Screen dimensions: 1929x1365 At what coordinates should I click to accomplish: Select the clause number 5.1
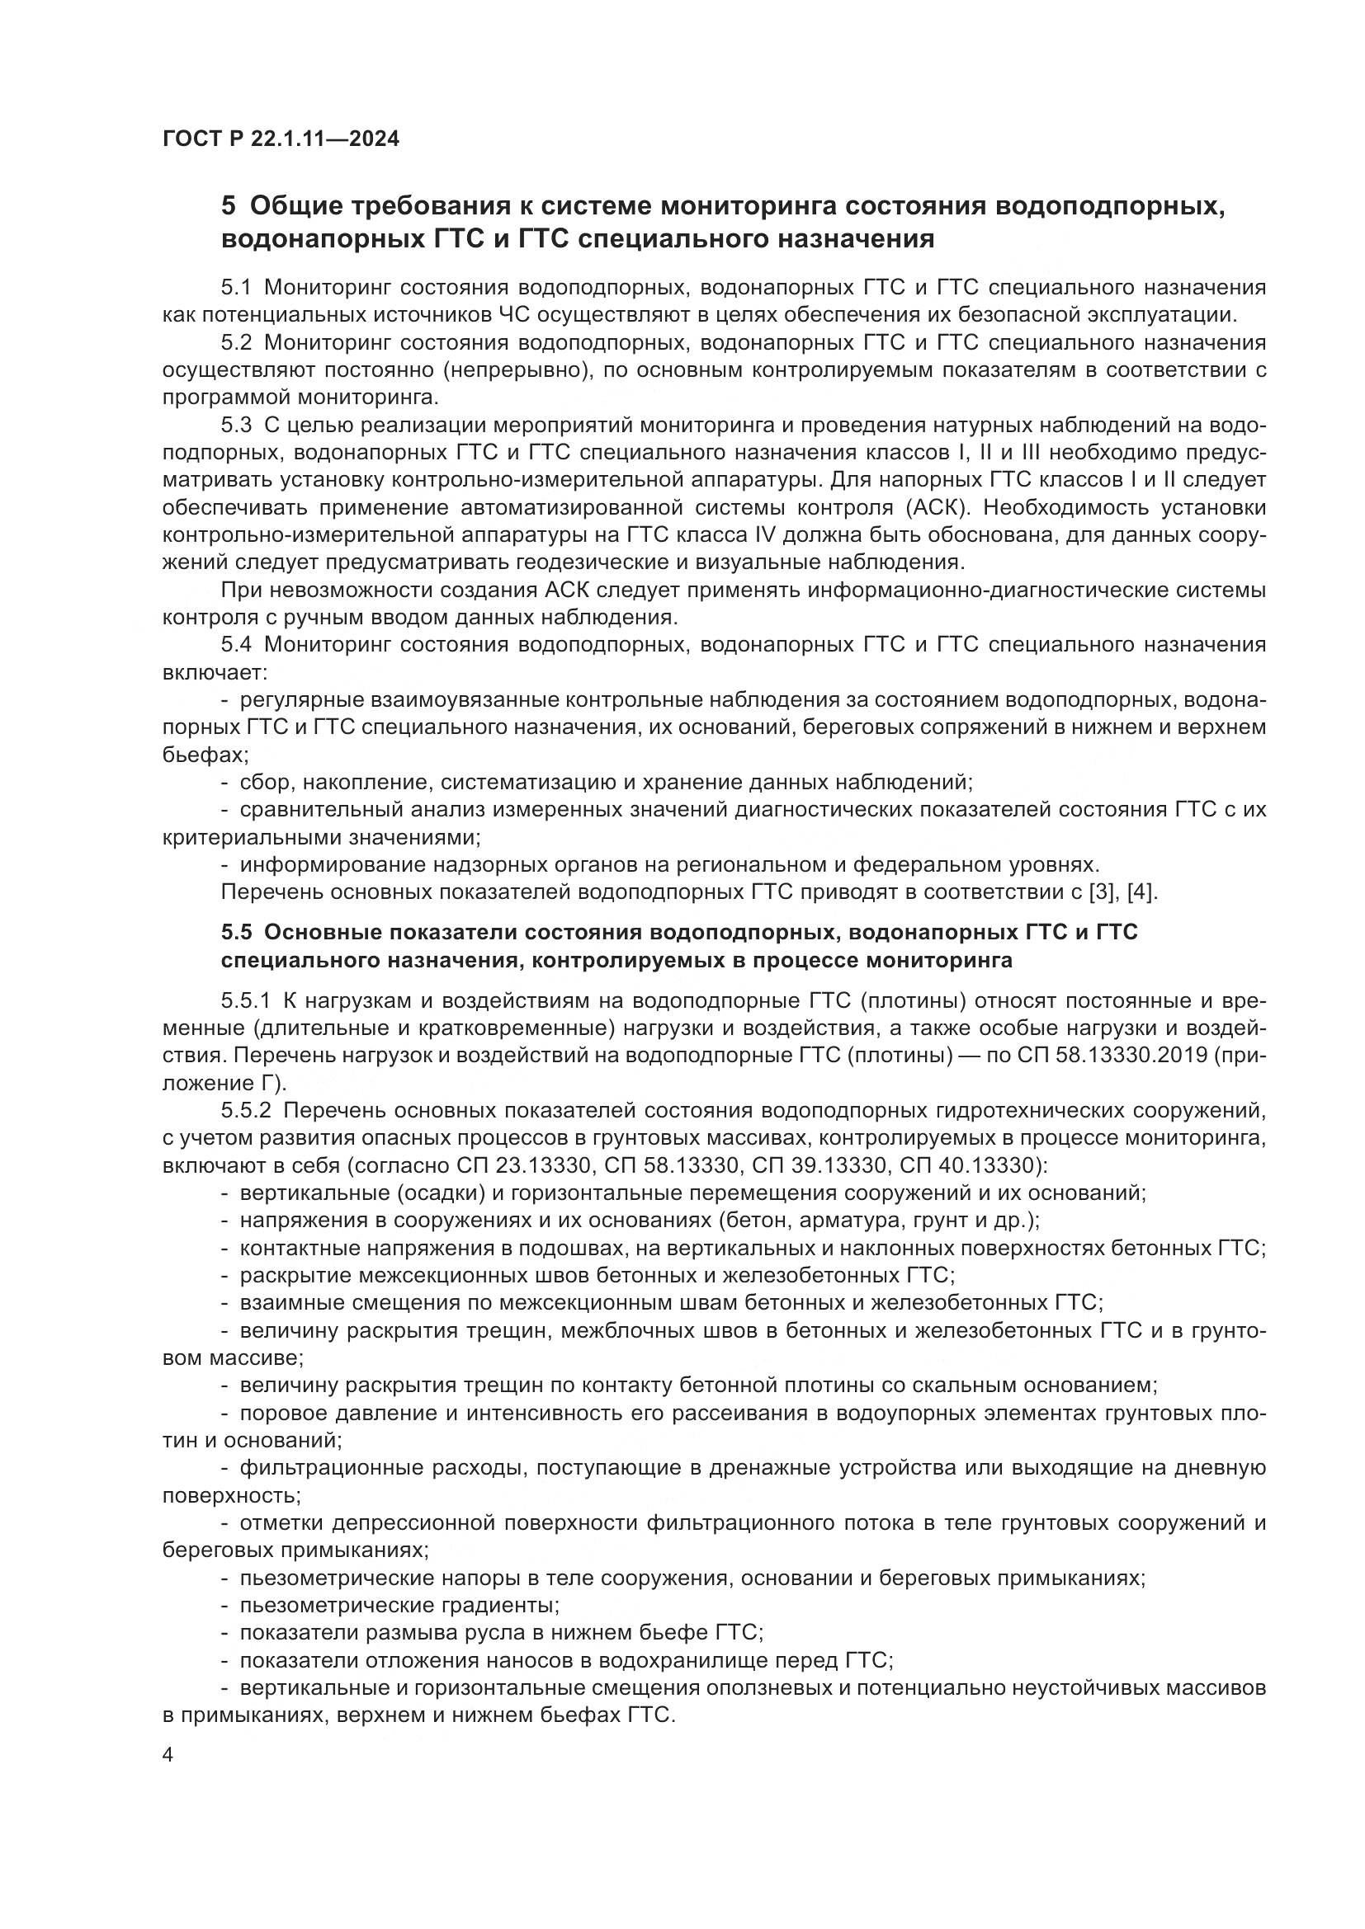click(x=236, y=288)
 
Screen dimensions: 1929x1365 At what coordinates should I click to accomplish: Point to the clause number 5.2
click(x=236, y=343)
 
